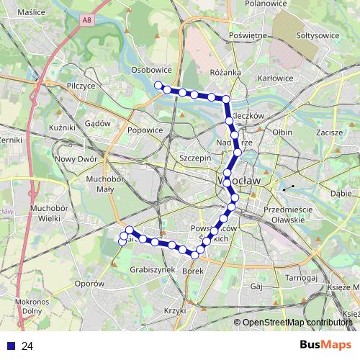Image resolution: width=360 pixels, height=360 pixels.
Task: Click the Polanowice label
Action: (266, 4)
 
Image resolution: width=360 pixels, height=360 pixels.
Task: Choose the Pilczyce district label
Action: (81, 85)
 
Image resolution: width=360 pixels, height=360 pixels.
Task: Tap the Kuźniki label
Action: (63, 127)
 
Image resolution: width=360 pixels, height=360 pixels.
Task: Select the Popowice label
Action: (145, 130)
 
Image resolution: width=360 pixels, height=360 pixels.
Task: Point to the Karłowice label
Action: (276, 78)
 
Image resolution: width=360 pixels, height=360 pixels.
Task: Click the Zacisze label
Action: (328, 133)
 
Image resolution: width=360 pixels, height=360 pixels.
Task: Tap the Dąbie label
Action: (341, 194)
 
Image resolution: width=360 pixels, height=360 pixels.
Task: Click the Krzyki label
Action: (175, 310)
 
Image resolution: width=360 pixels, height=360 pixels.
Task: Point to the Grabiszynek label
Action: (153, 270)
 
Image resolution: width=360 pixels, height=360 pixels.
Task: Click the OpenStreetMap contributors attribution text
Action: (297, 323)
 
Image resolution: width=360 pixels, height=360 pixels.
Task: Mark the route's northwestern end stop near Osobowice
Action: (158, 86)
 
